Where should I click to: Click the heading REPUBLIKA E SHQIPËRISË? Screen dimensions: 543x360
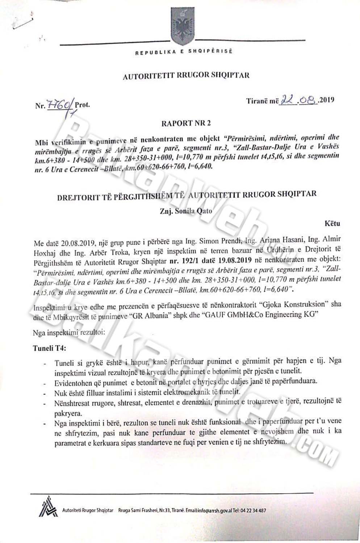[184, 52]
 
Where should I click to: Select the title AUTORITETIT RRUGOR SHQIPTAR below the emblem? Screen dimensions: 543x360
[186, 76]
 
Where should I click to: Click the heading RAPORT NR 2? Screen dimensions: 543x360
[186, 123]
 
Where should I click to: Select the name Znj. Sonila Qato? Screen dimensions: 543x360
[186, 211]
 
